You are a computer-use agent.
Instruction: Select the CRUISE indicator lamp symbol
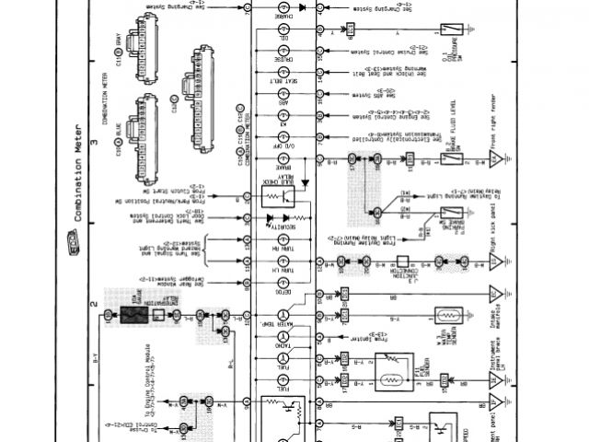coord(283,53)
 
